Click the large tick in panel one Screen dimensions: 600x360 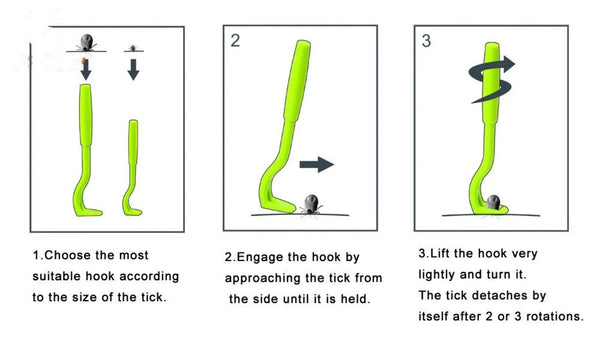click(87, 42)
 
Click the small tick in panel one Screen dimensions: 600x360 click(133, 48)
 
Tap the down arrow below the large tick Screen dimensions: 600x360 click(86, 69)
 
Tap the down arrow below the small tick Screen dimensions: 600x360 click(133, 69)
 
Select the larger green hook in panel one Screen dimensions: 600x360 click(86, 153)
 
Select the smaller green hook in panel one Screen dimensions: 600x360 click(132, 168)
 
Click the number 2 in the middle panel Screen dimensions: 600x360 click(235, 41)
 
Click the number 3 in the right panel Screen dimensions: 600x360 click(426, 41)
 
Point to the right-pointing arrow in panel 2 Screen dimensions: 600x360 click(316, 165)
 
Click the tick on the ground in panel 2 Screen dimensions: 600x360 click(311, 205)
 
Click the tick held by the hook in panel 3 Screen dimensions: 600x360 click(493, 202)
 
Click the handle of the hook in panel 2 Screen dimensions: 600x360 click(297, 80)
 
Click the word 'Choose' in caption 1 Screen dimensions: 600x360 click(68, 255)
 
